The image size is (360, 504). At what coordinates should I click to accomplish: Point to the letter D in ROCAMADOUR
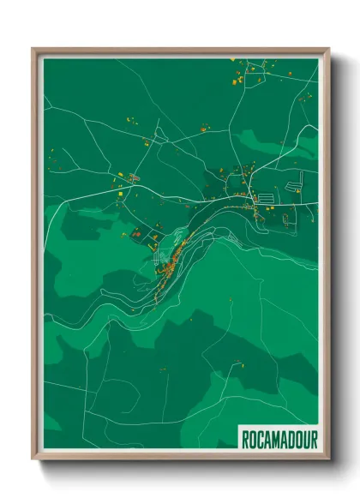tap(290, 440)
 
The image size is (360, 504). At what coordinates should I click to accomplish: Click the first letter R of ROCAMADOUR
tap(244, 440)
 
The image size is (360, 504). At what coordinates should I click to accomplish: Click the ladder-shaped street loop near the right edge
tap(301, 180)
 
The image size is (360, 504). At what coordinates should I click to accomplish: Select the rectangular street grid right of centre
tap(266, 197)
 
